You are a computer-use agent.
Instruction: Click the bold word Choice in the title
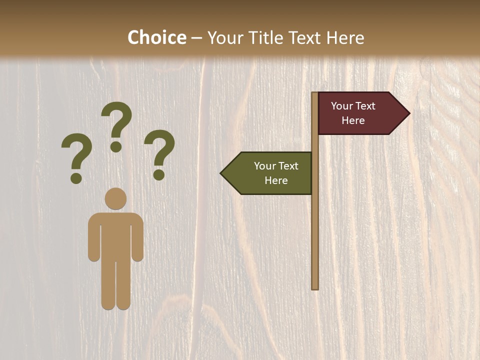pos(156,37)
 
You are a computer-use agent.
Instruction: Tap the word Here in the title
pos(345,38)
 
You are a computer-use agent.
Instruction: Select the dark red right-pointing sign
pos(355,113)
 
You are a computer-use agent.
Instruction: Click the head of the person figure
pos(115,198)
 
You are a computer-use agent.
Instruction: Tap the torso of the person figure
pos(115,235)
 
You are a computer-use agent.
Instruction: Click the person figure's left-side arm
pos(93,237)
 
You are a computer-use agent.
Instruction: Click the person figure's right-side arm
pos(138,237)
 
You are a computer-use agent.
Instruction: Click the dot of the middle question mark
pos(116,146)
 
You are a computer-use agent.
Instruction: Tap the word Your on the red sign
pos(341,106)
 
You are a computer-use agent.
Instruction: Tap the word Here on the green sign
pos(276,180)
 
